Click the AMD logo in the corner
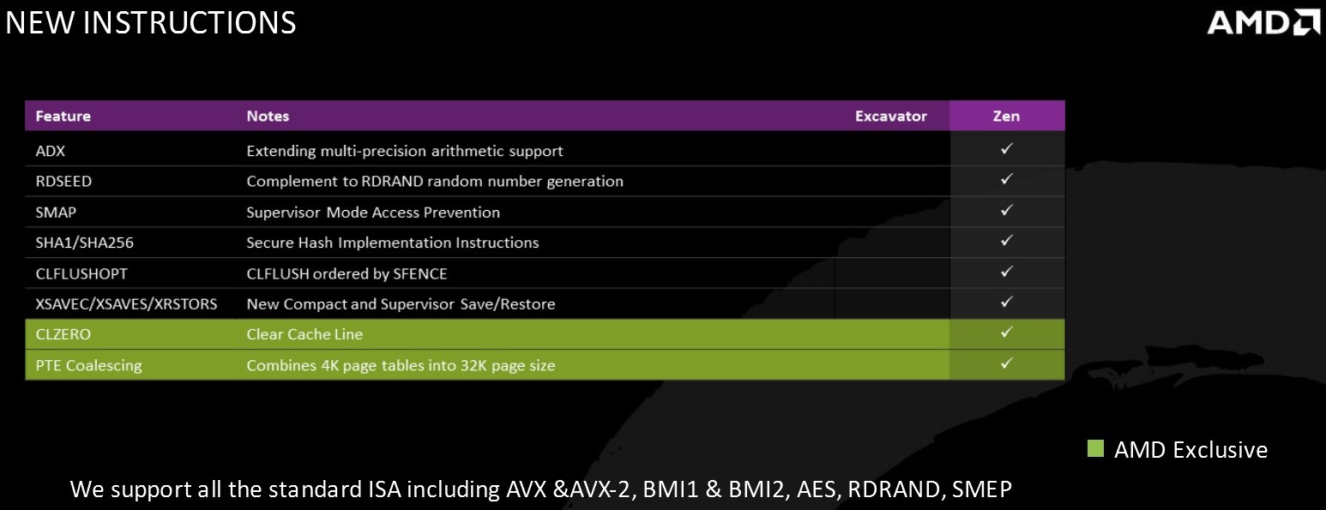(1263, 23)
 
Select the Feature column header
(63, 116)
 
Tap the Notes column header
(268, 116)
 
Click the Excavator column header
(891, 116)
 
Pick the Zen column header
(1006, 116)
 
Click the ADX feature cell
(51, 151)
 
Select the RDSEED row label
(63, 181)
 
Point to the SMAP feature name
(56, 212)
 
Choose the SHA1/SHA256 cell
(85, 243)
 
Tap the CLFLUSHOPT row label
(81, 273)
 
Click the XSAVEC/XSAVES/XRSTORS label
(126, 304)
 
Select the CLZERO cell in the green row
(63, 334)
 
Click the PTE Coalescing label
(89, 365)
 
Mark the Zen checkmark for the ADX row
(1006, 149)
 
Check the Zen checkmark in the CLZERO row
(1006, 333)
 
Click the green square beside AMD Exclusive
(1096, 448)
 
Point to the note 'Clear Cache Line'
(304, 334)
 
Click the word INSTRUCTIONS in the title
(189, 22)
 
